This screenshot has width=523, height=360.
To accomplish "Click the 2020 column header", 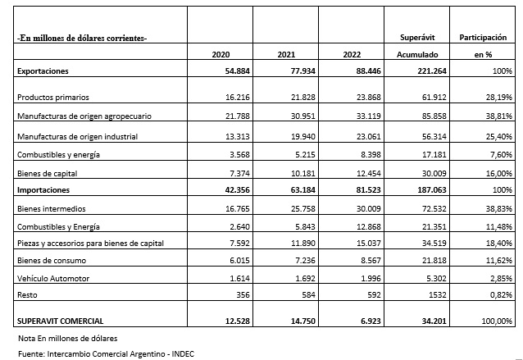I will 221,55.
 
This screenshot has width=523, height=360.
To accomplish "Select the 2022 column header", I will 353,55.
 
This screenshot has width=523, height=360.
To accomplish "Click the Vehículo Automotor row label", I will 53,278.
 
